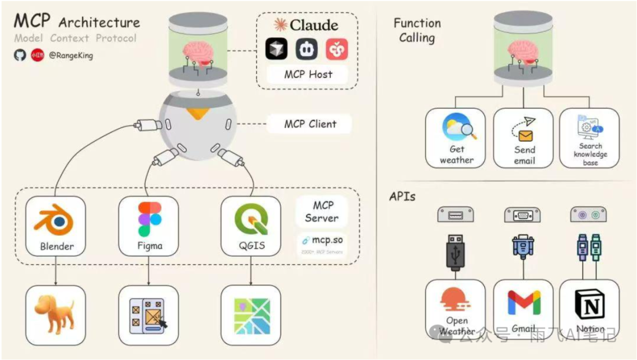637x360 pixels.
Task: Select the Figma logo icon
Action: click(149, 218)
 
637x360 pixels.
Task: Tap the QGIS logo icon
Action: click(251, 220)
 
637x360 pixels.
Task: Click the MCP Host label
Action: click(308, 74)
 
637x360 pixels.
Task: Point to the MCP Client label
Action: click(310, 124)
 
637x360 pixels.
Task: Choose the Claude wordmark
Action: click(306, 25)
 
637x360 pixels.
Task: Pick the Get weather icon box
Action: click(456, 138)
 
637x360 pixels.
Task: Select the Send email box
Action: click(523, 138)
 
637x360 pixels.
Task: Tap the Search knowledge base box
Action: click(590, 138)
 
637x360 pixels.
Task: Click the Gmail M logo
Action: click(524, 303)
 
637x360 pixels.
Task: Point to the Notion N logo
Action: click(590, 303)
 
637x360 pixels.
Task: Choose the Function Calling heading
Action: click(417, 31)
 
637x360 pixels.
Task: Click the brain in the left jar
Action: click(199, 53)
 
